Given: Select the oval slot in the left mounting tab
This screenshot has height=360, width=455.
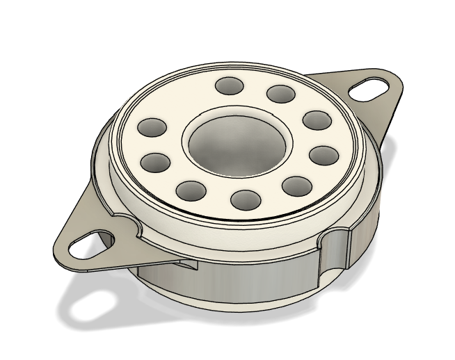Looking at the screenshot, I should pos(87,245).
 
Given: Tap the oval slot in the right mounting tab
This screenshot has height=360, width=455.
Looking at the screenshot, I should pos(369,88).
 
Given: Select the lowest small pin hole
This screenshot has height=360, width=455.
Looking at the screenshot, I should pos(245,200).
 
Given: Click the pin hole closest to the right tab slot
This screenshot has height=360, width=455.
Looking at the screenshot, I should pos(316,120).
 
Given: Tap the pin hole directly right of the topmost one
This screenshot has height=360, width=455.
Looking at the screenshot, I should pos(280,94).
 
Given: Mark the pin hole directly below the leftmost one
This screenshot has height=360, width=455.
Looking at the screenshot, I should pos(156,163).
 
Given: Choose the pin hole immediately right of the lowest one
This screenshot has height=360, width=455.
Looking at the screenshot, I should pos(298,185).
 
